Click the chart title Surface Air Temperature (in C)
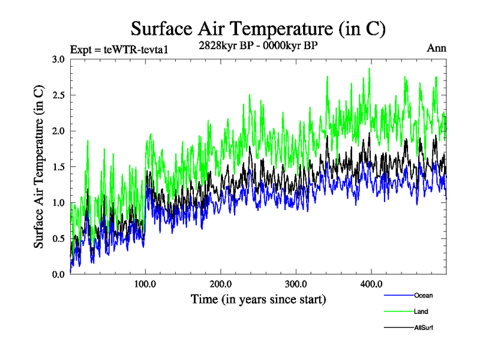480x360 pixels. pyautogui.click(x=258, y=28)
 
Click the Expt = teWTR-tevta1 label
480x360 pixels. pyautogui.click(x=119, y=49)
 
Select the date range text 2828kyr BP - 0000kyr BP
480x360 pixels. pyautogui.click(x=258, y=45)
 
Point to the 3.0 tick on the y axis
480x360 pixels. pyautogui.click(x=58, y=59)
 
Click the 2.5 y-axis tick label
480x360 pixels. pyautogui.click(x=58, y=95)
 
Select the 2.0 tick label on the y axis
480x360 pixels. pyautogui.click(x=58, y=131)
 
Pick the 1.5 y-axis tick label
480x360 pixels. pyautogui.click(x=58, y=167)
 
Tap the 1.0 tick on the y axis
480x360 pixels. pyautogui.click(x=58, y=202)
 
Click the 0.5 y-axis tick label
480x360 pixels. pyautogui.click(x=58, y=238)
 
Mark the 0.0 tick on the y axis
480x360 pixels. pyautogui.click(x=58, y=274)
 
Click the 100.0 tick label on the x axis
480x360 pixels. pyautogui.click(x=145, y=284)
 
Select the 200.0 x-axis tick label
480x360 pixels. pyautogui.click(x=221, y=284)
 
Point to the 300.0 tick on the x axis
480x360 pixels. pyautogui.click(x=296, y=284)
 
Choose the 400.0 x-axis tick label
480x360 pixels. pyautogui.click(x=371, y=284)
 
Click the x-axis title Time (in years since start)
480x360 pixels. pyautogui.click(x=258, y=299)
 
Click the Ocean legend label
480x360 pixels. pyautogui.click(x=423, y=295)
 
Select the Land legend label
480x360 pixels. pyautogui.click(x=421, y=311)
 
